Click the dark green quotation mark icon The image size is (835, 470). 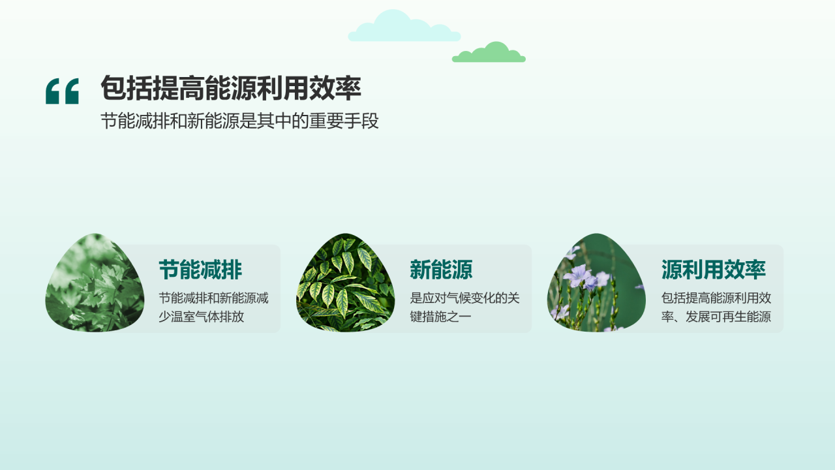point(62,91)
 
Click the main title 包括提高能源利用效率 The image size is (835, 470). point(230,88)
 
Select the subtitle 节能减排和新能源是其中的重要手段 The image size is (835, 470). point(239,121)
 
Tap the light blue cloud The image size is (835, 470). point(404,28)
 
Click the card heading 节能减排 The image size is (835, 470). point(200,270)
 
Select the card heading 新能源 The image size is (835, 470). point(441,270)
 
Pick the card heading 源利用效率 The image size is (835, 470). point(714,270)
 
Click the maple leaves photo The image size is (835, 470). point(95,283)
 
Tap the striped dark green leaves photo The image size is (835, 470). point(346,283)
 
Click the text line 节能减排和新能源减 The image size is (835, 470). point(214,299)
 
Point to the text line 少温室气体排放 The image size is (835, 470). point(202,318)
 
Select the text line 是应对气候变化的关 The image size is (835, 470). point(464,299)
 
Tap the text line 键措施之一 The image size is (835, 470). point(440,318)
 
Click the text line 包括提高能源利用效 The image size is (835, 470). point(716,299)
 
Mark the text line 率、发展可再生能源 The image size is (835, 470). point(716,318)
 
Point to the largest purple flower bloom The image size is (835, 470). point(579,276)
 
